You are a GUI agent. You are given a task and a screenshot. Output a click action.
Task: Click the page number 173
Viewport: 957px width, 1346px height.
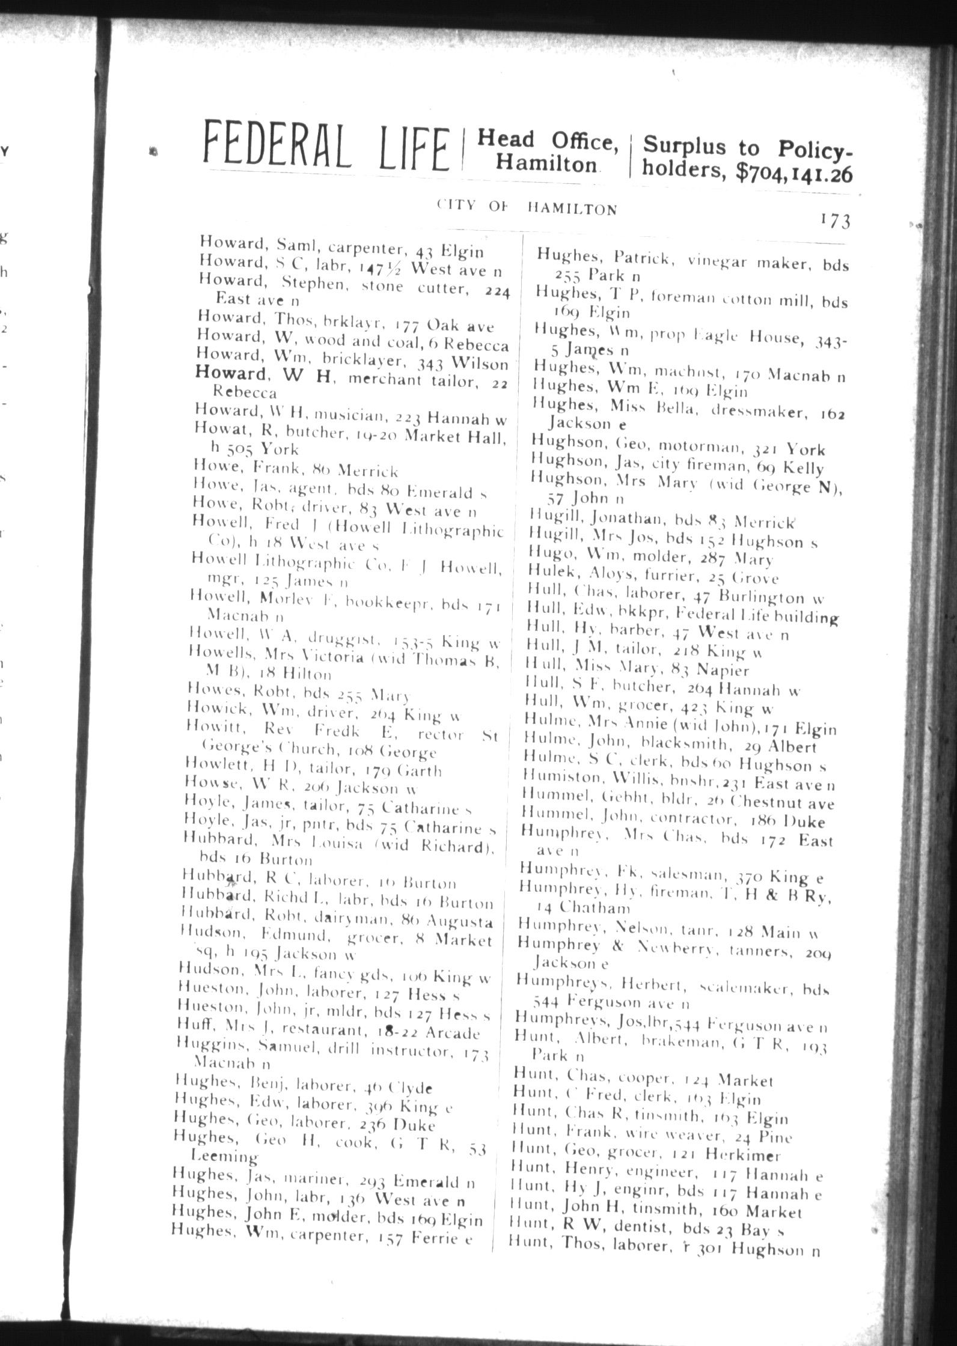(834, 221)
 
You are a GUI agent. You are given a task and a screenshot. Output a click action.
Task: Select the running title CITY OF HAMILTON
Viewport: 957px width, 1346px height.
(527, 208)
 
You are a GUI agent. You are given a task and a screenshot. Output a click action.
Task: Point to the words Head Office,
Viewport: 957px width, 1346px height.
(548, 141)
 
